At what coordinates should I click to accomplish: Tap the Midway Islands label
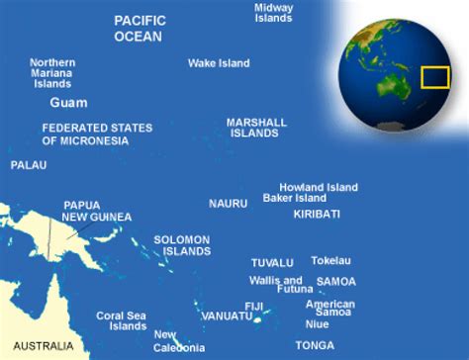(273, 13)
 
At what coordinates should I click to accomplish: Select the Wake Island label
(219, 63)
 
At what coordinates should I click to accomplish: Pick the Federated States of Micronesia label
(98, 134)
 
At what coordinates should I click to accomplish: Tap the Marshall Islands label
(256, 127)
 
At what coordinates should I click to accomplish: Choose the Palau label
(29, 165)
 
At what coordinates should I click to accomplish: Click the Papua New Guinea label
(96, 211)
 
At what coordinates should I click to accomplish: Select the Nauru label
(228, 203)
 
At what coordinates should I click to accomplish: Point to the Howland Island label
(318, 186)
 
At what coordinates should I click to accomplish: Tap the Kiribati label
(317, 214)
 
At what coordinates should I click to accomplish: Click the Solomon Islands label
(182, 245)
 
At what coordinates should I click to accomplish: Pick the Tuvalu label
(272, 263)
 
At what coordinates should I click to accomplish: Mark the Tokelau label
(331, 261)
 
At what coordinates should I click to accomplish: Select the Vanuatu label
(226, 315)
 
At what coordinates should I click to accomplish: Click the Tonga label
(315, 344)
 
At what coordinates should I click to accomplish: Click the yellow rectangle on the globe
(435, 77)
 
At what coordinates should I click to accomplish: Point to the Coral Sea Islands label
(122, 321)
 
